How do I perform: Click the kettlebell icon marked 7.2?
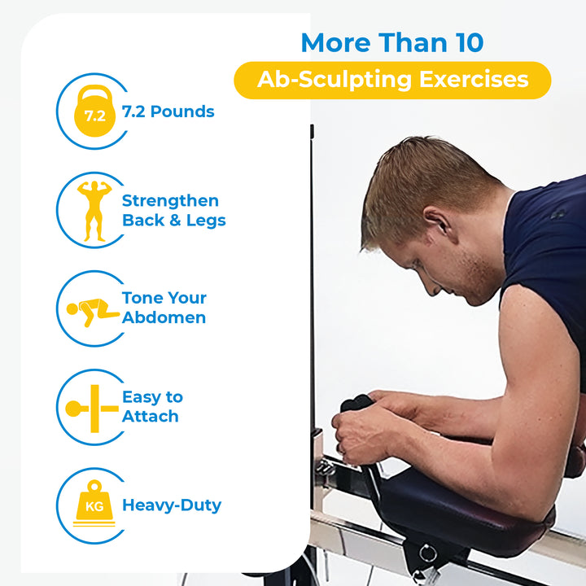click(x=94, y=112)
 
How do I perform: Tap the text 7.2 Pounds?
click(x=168, y=112)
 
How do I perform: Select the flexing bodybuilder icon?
click(x=94, y=210)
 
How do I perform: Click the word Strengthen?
click(x=170, y=200)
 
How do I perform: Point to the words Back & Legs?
click(x=173, y=220)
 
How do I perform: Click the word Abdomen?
click(x=164, y=317)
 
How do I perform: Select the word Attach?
click(x=150, y=416)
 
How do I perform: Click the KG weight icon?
click(x=94, y=504)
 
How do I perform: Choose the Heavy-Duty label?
click(x=171, y=505)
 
